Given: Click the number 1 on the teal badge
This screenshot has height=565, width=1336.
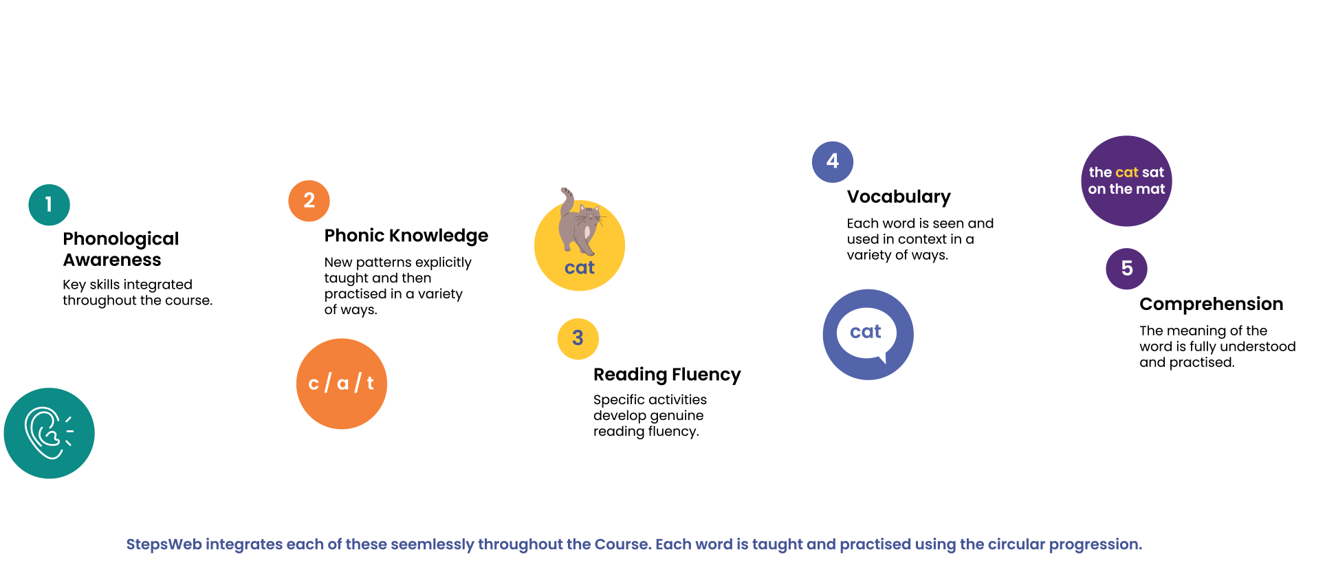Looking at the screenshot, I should pyautogui.click(x=49, y=204).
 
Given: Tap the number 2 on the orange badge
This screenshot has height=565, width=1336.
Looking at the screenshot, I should pyautogui.click(x=309, y=200).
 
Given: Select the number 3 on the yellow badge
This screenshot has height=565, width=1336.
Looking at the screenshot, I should pyautogui.click(x=578, y=337).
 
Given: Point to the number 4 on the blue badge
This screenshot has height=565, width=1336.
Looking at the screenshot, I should pyautogui.click(x=833, y=161).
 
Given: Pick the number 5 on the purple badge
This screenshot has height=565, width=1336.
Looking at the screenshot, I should pyautogui.click(x=1127, y=268).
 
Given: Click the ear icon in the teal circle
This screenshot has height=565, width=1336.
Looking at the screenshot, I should pyautogui.click(x=43, y=433).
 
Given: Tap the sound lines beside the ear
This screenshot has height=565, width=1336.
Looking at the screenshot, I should pyautogui.click(x=69, y=431).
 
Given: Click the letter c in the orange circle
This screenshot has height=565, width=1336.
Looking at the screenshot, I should pyautogui.click(x=314, y=384).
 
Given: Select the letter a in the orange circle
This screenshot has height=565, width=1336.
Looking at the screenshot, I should pyautogui.click(x=342, y=384).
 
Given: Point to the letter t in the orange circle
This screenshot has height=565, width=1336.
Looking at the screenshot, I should pyautogui.click(x=370, y=384).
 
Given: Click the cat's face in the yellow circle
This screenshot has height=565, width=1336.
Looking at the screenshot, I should pyautogui.click(x=589, y=215).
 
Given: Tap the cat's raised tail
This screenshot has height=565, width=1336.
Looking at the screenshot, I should pyautogui.click(x=566, y=199).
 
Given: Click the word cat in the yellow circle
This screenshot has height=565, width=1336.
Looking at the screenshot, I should pyautogui.click(x=579, y=268).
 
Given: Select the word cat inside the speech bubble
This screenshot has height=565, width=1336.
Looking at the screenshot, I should pyautogui.click(x=865, y=332).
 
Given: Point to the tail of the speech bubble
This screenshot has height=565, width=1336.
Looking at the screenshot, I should pyautogui.click(x=882, y=358).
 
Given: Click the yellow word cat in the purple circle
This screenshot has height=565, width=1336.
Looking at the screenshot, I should pyautogui.click(x=1127, y=173).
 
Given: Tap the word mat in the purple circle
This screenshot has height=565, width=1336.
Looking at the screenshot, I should pyautogui.click(x=1150, y=189).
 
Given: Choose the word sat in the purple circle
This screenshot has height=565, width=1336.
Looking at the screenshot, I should pyautogui.click(x=1153, y=173).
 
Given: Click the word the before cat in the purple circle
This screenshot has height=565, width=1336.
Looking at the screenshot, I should pyautogui.click(x=1100, y=173).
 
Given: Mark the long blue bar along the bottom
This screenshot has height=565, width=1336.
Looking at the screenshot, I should pyautogui.click(x=743, y=551).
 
